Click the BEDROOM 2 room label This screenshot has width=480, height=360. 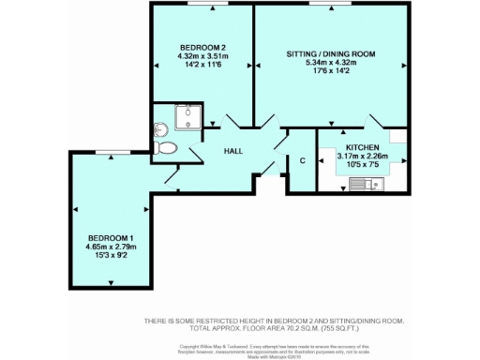point(202,47)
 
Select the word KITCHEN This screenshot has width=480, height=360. point(362,148)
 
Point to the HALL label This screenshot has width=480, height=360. point(233,151)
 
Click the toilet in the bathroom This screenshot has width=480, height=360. point(167,148)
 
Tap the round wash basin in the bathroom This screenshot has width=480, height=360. point(157,129)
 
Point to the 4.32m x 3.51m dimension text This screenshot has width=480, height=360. point(202,55)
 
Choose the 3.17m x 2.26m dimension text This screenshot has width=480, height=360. point(362,157)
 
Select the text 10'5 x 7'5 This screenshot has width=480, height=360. point(362,165)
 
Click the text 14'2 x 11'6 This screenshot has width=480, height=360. point(202,64)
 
